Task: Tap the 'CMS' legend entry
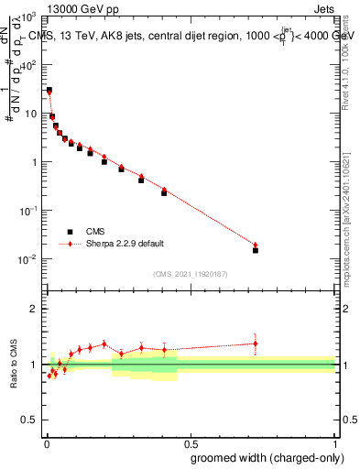tap(98, 232)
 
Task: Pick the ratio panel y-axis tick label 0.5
tap(29, 420)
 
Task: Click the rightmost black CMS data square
tap(256, 250)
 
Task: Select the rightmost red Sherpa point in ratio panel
tap(256, 344)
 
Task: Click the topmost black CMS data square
tap(49, 90)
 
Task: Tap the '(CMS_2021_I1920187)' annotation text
tap(190, 273)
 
